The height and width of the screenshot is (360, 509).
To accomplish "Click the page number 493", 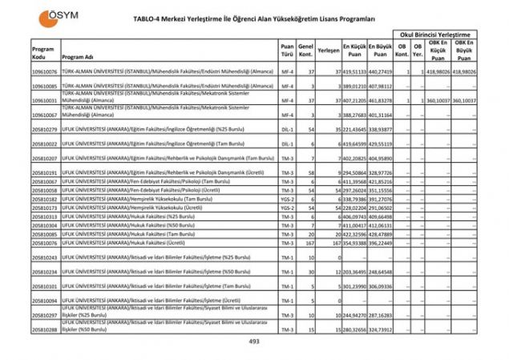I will [x=255, y=341].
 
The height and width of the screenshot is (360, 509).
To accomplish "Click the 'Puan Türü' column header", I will [x=287, y=50].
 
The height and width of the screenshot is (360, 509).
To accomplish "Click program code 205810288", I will [x=44, y=330].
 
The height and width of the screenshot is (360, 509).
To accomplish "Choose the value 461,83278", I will [x=382, y=100].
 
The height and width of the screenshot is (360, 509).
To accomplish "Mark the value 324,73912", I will [x=382, y=330].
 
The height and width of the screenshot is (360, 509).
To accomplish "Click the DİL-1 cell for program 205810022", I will [x=288, y=144].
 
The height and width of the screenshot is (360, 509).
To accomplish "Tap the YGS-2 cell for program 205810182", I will [x=288, y=199].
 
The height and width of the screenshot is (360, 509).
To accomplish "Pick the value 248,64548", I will [x=382, y=272].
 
